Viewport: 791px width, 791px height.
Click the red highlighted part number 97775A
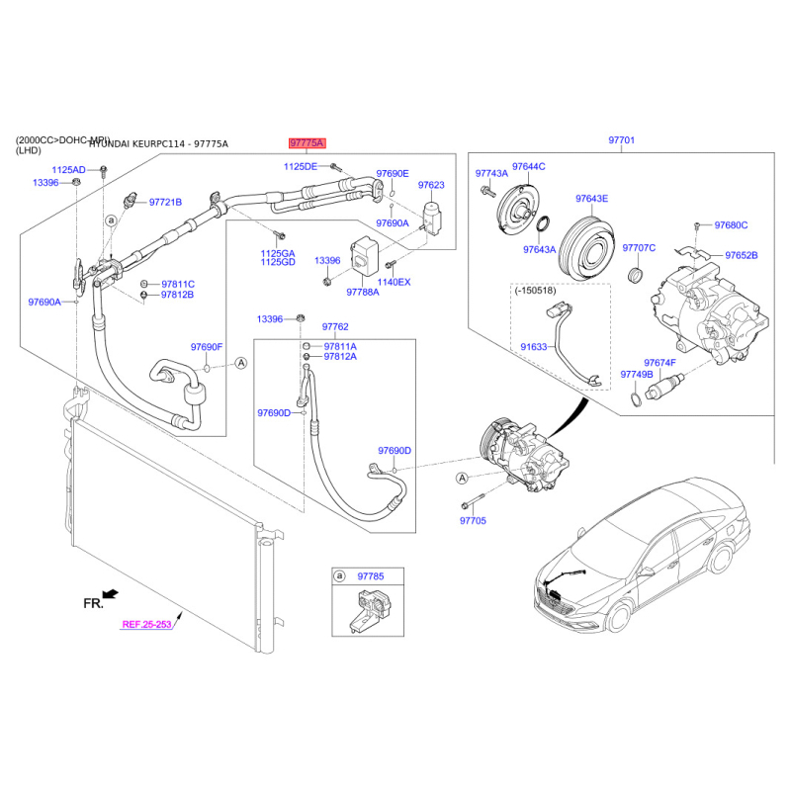pos(307,143)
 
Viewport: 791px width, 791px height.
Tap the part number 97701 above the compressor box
pos(621,141)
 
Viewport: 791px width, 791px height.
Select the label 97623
pos(431,185)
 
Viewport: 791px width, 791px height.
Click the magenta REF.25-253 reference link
pos(147,624)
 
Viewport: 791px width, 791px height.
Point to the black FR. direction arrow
pos(110,595)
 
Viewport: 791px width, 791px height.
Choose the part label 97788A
pos(363,292)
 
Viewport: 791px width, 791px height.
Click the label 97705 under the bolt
pos(475,519)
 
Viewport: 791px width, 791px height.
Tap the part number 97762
pos(335,326)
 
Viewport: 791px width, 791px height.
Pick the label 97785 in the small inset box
pos(370,574)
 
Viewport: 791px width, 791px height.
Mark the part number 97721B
pos(165,203)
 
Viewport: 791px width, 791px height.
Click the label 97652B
pos(741,255)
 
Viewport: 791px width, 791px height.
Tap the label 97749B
pos(637,375)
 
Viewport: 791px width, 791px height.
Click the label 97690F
pos(208,347)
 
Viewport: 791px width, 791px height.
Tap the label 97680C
pos(731,225)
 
